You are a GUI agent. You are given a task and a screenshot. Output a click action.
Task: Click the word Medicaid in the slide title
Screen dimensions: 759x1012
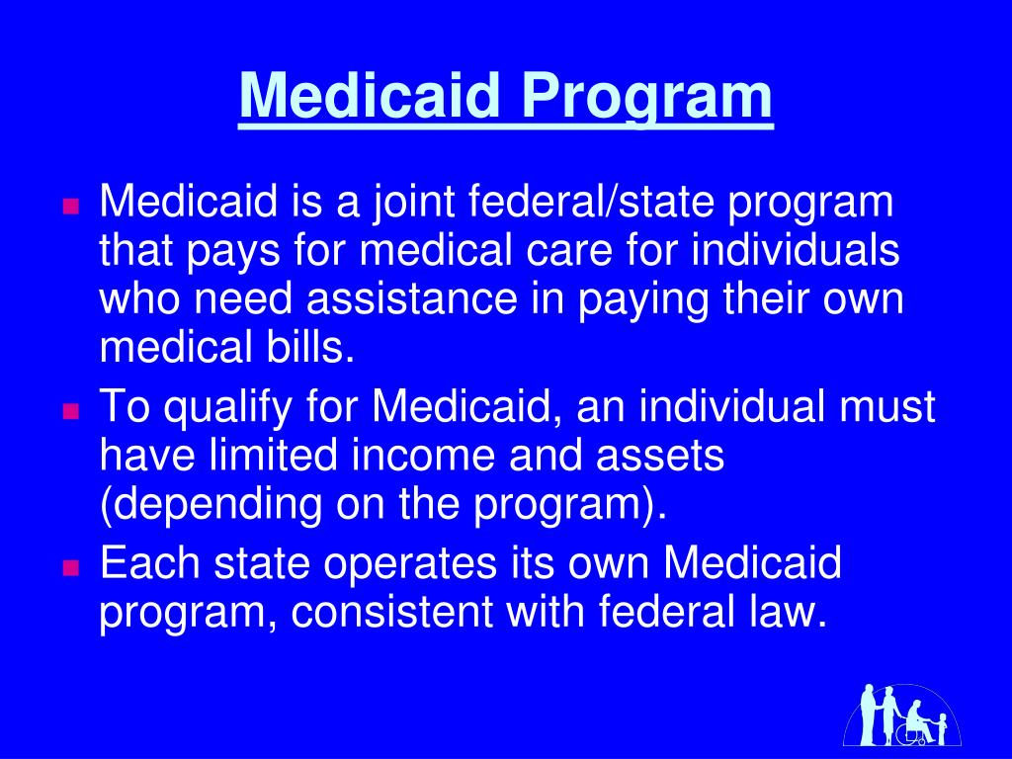pos(371,96)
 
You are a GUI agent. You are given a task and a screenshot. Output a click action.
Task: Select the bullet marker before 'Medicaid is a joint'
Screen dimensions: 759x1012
pos(70,208)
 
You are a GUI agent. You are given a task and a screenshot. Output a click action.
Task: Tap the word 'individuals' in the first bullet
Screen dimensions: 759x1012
pos(796,251)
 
